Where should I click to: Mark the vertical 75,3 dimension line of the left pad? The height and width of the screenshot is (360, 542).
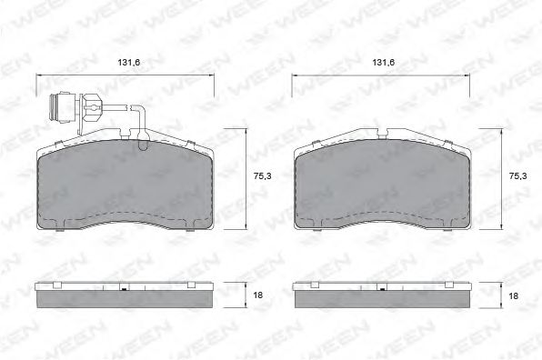tap(246, 181)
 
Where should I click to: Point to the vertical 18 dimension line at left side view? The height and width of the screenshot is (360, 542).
tap(246, 296)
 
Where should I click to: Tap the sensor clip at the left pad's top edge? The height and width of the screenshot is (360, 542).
tap(143, 141)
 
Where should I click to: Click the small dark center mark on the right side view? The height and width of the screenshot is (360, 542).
tap(381, 290)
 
